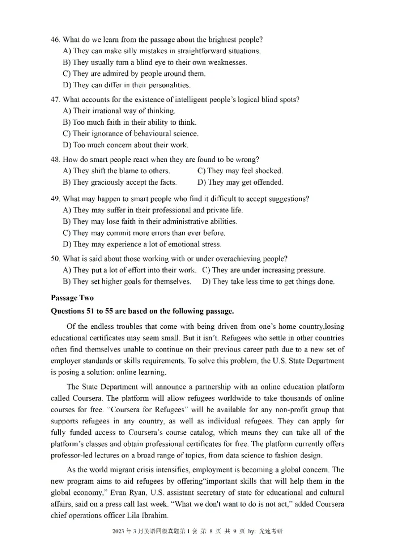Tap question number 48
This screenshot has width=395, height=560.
click(55, 159)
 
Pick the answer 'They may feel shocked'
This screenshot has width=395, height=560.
click(240, 171)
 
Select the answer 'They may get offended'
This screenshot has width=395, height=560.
click(240, 182)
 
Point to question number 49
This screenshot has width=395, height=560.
click(55, 199)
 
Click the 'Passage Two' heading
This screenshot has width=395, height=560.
click(72, 298)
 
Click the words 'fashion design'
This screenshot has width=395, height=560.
click(299, 455)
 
